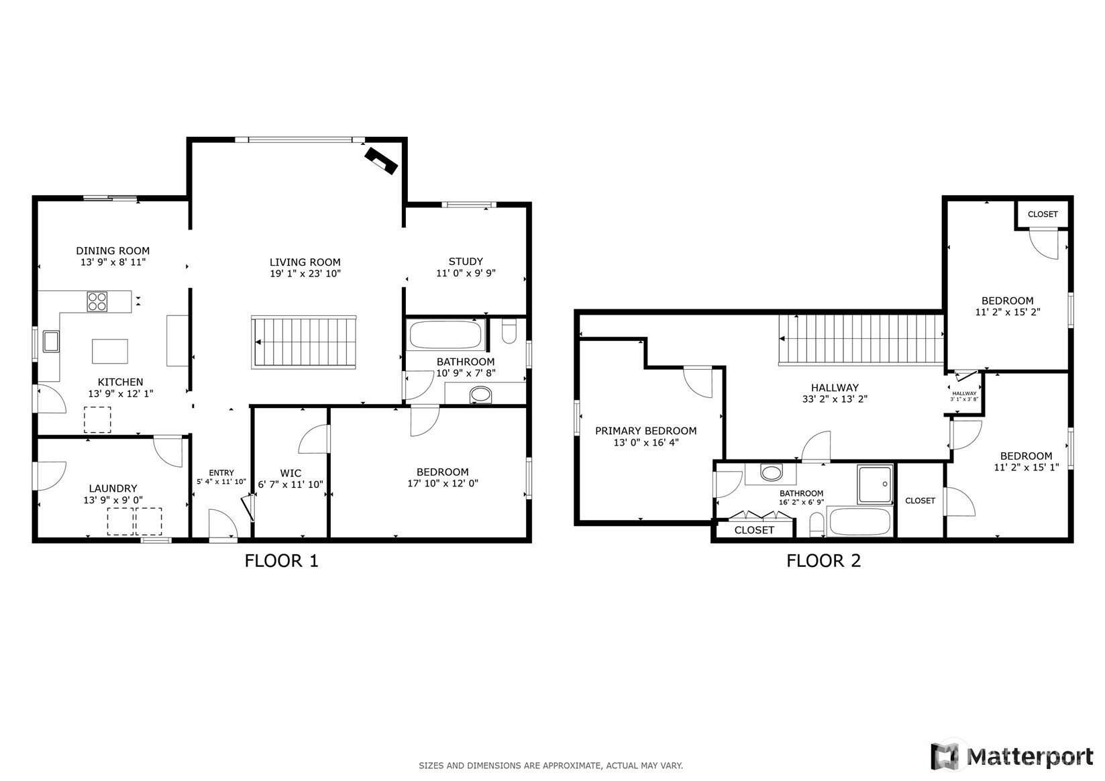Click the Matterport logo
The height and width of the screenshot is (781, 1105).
click(x=1012, y=757)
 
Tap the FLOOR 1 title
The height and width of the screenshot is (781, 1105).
click(x=282, y=561)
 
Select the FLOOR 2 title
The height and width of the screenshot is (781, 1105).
click(x=823, y=561)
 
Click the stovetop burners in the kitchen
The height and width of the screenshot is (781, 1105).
click(x=97, y=302)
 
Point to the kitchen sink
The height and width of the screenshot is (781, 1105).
click(x=51, y=342)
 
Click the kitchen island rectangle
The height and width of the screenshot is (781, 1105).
click(x=110, y=352)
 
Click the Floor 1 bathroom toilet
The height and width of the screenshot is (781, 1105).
click(x=509, y=331)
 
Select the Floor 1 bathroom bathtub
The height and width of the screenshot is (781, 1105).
click(x=445, y=335)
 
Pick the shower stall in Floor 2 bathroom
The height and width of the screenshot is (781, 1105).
click(x=875, y=484)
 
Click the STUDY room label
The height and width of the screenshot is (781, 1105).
click(x=466, y=262)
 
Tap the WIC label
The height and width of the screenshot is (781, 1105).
click(x=291, y=473)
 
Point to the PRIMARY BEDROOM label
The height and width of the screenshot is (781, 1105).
click(x=645, y=431)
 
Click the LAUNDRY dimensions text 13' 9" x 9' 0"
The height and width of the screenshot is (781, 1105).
click(x=113, y=500)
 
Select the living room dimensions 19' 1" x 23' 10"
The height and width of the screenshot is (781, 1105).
click(x=305, y=273)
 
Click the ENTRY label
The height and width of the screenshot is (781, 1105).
click(x=221, y=472)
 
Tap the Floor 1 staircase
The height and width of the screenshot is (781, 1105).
click(x=304, y=342)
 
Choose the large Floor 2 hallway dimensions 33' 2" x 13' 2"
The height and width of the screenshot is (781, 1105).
click(x=835, y=399)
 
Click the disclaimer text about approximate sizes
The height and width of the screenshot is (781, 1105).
click(x=551, y=766)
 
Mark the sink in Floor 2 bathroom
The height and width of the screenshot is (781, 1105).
click(x=772, y=472)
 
